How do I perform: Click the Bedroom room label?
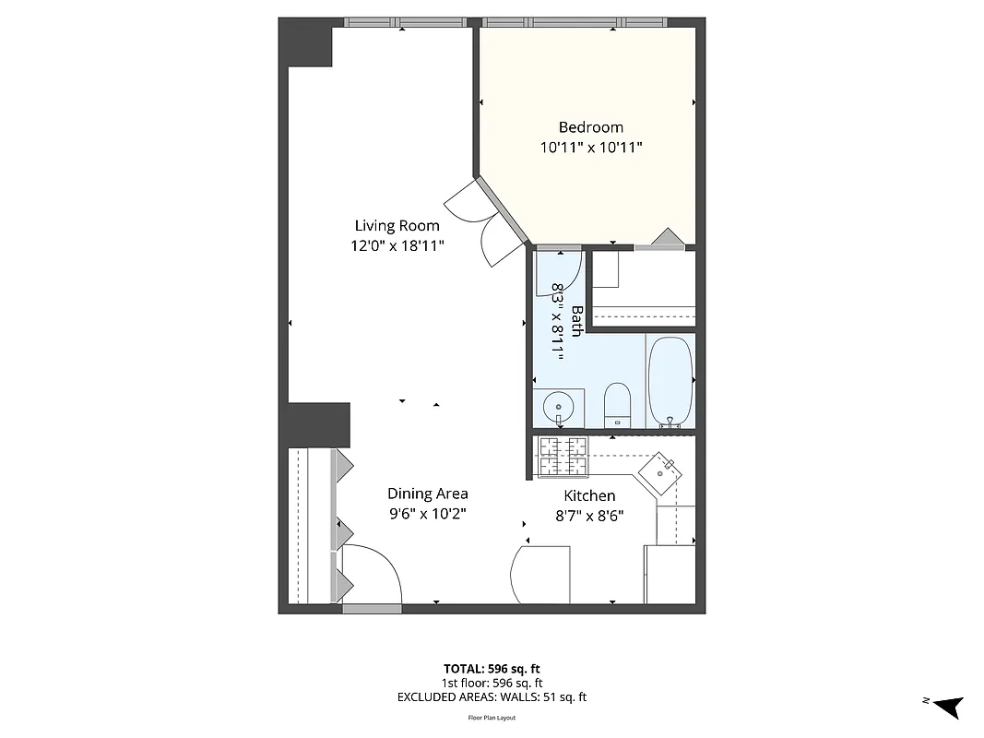(x=590, y=127)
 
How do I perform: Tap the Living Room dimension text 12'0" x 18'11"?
(x=397, y=245)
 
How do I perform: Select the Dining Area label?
(x=427, y=494)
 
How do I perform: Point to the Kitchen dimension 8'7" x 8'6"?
(x=589, y=516)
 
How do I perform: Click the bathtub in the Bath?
(x=670, y=381)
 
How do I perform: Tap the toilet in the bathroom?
(x=616, y=405)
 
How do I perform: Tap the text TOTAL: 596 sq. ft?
(x=492, y=668)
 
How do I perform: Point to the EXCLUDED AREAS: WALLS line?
(x=492, y=697)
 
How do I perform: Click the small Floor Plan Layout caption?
(x=492, y=717)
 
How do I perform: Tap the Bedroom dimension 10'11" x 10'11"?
(x=590, y=147)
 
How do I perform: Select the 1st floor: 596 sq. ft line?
(x=492, y=683)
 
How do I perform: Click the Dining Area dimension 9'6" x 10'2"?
(x=427, y=514)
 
